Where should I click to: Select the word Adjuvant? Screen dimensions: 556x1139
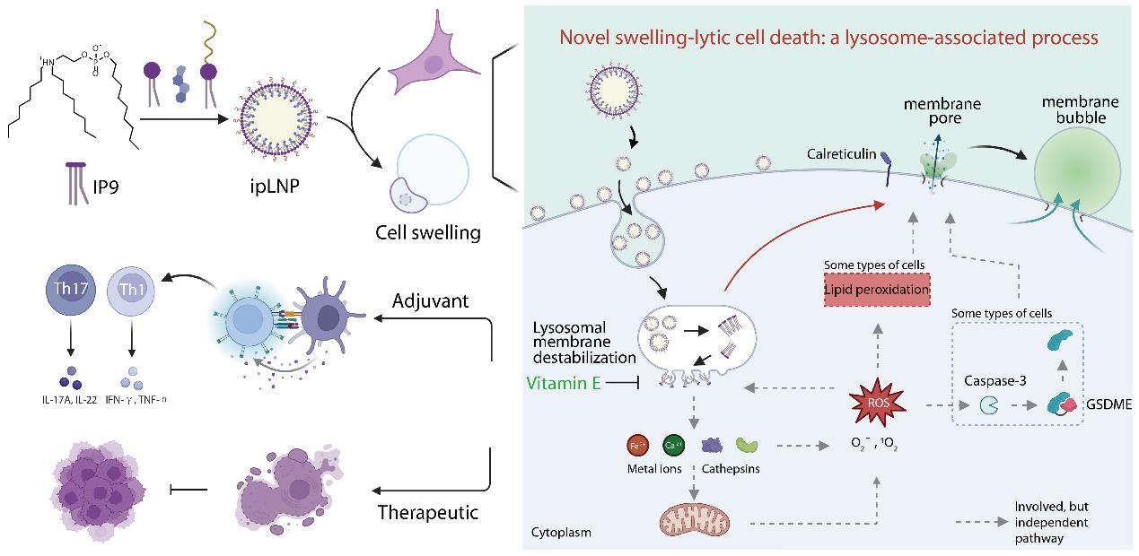tap(431, 301)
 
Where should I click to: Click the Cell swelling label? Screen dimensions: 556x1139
tap(427, 233)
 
